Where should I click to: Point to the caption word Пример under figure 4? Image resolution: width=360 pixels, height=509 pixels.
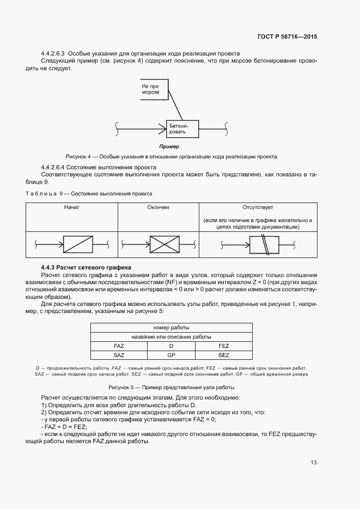[169, 147]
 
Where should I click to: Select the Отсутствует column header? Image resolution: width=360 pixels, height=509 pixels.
[258, 207]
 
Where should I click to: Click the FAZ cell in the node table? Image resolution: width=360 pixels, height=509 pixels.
[119, 346]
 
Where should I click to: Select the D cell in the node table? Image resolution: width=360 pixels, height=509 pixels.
[171, 346]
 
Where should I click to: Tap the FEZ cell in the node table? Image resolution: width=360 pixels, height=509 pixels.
[223, 346]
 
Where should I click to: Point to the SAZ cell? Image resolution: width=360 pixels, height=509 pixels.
[119, 355]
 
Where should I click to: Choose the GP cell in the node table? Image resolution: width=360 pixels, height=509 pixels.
[171, 355]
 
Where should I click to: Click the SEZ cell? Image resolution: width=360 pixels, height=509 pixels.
[223, 355]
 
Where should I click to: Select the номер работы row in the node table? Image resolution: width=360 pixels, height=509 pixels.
[171, 328]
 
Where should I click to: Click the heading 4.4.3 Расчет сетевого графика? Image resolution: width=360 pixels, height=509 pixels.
[83, 267]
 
